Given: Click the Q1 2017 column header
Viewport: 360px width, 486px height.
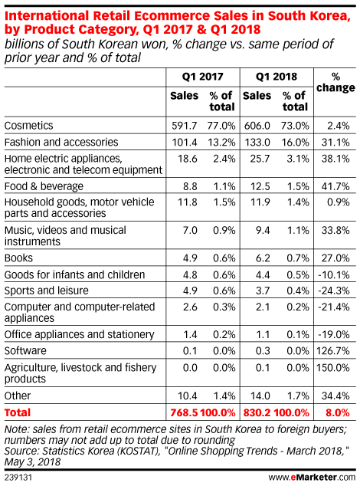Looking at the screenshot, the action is click(x=203, y=77).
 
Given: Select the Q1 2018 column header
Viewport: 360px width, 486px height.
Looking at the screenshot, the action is click(x=277, y=77).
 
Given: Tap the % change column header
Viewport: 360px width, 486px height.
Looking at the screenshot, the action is click(x=335, y=82).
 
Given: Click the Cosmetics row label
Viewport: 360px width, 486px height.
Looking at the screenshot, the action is click(x=29, y=126).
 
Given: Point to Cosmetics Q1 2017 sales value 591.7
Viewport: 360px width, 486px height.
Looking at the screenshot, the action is click(x=185, y=126).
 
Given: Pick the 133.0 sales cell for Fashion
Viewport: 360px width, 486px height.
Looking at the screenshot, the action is click(x=257, y=143).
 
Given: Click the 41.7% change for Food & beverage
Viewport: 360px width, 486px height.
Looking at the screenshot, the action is click(x=335, y=186).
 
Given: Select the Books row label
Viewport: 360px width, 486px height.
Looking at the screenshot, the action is click(x=18, y=258).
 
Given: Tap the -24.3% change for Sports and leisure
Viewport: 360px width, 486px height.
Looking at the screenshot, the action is click(x=334, y=291).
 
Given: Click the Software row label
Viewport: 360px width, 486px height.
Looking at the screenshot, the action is click(x=25, y=351).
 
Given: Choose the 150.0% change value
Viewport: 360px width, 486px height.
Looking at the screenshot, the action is click(x=333, y=368).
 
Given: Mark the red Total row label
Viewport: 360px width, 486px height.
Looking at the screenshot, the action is click(x=18, y=412).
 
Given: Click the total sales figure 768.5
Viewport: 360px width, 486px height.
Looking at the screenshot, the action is click(x=184, y=412).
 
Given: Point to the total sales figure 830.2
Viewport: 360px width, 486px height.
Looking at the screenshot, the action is click(x=257, y=412).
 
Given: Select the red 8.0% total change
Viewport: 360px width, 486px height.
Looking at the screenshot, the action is click(x=338, y=412).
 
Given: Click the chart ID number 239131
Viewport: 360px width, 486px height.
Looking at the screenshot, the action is click(x=18, y=477).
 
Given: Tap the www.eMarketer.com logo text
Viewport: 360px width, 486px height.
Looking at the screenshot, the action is click(x=312, y=477).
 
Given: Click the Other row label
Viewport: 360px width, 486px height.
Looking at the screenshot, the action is click(x=18, y=396).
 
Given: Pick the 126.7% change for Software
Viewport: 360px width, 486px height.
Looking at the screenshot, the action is click(x=333, y=351).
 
